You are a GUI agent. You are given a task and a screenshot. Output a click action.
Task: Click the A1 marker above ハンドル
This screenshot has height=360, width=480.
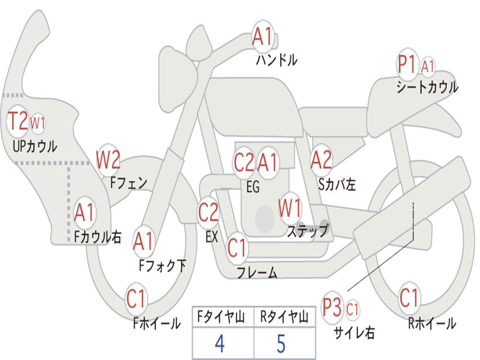(x=262, y=36)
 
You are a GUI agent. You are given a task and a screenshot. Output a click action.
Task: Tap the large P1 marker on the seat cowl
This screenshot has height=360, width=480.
(x=407, y=64)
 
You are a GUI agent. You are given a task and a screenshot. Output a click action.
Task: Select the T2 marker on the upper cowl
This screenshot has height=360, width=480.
(x=17, y=120)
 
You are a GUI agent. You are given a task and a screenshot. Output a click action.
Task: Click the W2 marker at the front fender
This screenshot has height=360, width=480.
(x=108, y=159)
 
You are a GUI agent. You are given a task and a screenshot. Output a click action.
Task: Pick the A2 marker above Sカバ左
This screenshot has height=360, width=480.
(x=321, y=159)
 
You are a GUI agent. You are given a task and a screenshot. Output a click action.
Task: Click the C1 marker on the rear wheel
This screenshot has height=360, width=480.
(x=409, y=298)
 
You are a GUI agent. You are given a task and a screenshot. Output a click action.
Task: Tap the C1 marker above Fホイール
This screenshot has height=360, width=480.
(x=135, y=299)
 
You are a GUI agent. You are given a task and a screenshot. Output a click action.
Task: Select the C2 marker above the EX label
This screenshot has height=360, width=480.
(x=208, y=212)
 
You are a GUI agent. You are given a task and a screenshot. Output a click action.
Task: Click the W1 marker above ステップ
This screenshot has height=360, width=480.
(x=289, y=208)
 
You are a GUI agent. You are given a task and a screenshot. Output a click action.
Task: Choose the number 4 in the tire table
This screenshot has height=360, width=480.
(x=220, y=344)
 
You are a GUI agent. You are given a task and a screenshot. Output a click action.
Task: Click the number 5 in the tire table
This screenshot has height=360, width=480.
(x=281, y=344)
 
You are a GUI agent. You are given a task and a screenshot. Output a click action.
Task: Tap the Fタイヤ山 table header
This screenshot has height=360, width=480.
(x=221, y=316)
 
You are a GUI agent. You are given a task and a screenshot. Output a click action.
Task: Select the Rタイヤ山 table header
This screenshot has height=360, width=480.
(x=284, y=316)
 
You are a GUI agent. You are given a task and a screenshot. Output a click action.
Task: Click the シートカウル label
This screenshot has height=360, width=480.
(x=427, y=87)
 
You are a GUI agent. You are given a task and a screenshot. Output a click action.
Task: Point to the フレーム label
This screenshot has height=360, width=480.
(x=257, y=272)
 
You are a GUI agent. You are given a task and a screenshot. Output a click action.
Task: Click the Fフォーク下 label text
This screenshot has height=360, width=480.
(x=163, y=265)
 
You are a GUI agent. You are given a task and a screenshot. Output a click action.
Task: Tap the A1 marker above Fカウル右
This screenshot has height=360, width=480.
(x=84, y=212)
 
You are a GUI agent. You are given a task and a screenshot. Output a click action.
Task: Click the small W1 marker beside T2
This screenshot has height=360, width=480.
(x=37, y=123)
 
